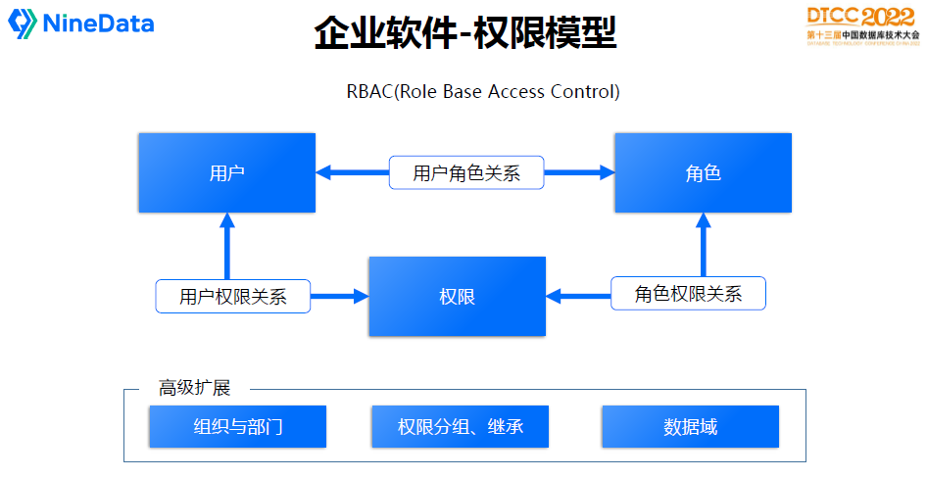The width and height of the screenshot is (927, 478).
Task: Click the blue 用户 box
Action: coord(226,173)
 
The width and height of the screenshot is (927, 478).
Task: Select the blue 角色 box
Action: coord(703,173)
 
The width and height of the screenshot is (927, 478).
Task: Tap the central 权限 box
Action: coord(457,296)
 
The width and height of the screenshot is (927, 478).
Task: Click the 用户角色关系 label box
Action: coord(466,173)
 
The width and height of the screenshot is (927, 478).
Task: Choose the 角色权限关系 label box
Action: coord(688,294)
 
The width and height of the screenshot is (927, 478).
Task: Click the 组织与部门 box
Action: coord(237,427)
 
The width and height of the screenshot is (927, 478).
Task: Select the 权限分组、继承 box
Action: coord(460,427)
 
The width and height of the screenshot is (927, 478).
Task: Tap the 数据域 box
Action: coord(690,427)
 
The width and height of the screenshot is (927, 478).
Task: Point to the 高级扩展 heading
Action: coord(194,388)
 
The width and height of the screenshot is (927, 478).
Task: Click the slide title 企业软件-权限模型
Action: coord(464,33)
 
